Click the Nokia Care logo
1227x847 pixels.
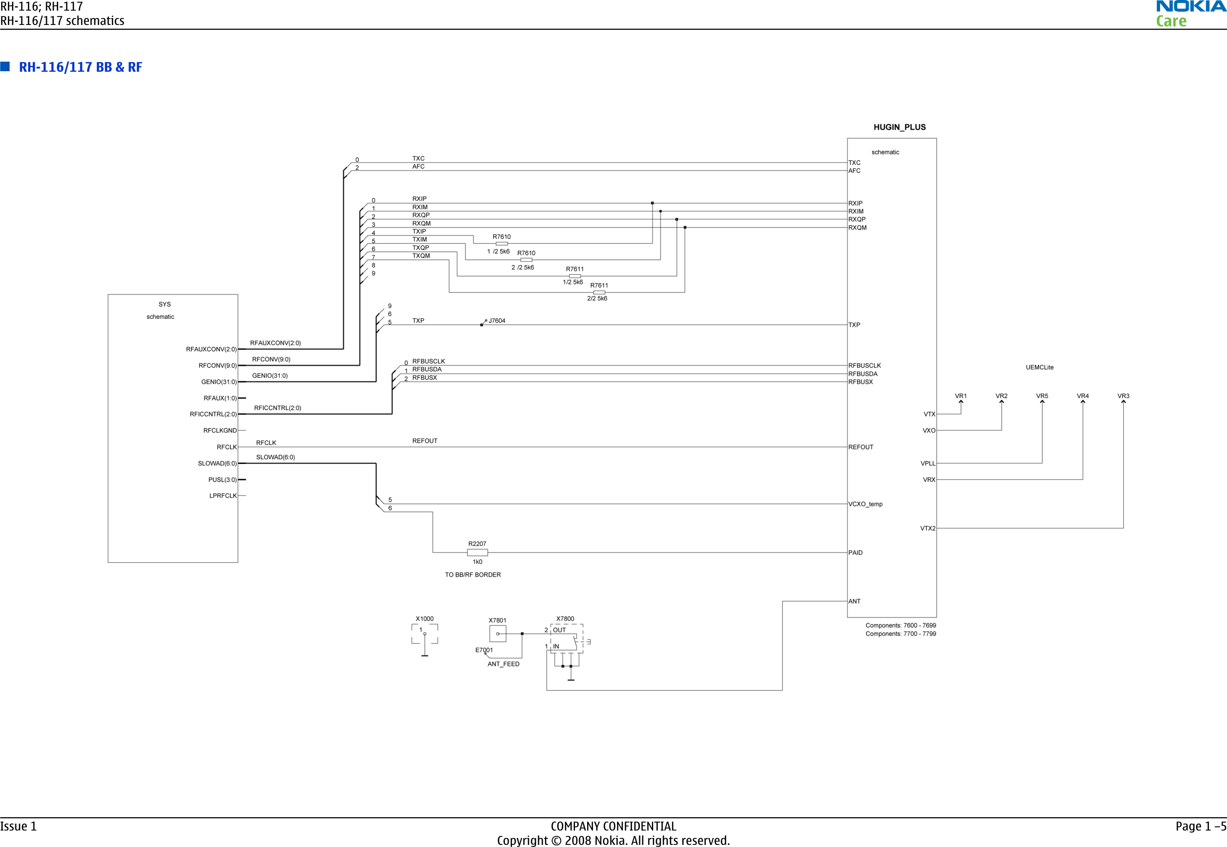click(1190, 14)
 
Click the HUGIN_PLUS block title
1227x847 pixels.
click(899, 127)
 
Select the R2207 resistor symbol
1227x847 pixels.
click(477, 553)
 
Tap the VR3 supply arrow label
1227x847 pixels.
click(1123, 396)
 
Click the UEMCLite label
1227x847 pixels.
click(1039, 367)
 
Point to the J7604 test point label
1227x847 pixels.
click(497, 320)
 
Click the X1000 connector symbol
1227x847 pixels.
click(425, 635)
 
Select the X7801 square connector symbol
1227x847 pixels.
click(497, 633)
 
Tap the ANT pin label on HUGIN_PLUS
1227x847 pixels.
click(854, 601)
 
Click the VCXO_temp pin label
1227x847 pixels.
click(865, 504)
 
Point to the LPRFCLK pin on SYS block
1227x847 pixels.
click(223, 496)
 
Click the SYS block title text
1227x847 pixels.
click(164, 304)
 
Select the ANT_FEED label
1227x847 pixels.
click(503, 664)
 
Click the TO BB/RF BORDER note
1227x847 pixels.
click(472, 574)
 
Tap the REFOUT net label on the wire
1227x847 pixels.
click(425, 441)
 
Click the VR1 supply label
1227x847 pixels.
click(960, 396)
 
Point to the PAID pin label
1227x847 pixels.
click(855, 553)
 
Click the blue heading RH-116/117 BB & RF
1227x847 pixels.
click(80, 67)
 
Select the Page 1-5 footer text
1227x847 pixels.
click(1200, 826)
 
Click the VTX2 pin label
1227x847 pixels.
click(927, 528)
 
